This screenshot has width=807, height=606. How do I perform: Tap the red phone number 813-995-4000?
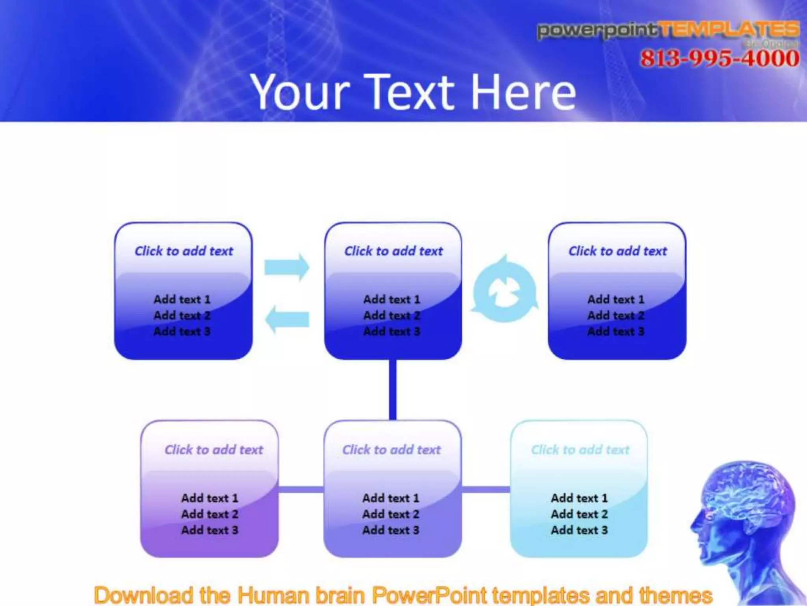pyautogui.click(x=720, y=58)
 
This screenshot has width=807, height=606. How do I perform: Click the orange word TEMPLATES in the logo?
pyautogui.click(x=729, y=30)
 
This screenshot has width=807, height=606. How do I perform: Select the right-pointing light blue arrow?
pyautogui.click(x=287, y=267)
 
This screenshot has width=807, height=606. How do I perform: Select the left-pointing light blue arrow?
pyautogui.click(x=287, y=319)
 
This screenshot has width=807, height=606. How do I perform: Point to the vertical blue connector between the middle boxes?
pyautogui.click(x=392, y=389)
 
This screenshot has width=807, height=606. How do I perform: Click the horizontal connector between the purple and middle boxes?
pyautogui.click(x=301, y=490)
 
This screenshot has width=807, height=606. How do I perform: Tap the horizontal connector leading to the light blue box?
pyautogui.click(x=485, y=490)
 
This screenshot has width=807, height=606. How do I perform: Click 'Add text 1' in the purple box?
pyautogui.click(x=210, y=498)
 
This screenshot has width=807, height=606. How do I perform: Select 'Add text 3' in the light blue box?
pyautogui.click(x=579, y=530)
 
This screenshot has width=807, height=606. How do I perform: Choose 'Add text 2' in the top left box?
pyautogui.click(x=182, y=315)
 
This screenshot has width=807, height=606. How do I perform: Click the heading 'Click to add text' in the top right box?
pyautogui.click(x=617, y=251)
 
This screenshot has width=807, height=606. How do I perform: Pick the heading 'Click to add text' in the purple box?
pyautogui.click(x=214, y=449)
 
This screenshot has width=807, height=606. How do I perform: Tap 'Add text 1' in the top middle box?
pyautogui.click(x=392, y=299)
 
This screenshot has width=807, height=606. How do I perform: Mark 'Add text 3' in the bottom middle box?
pyautogui.click(x=391, y=530)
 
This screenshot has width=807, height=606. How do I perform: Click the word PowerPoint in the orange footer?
pyautogui.click(x=430, y=595)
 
